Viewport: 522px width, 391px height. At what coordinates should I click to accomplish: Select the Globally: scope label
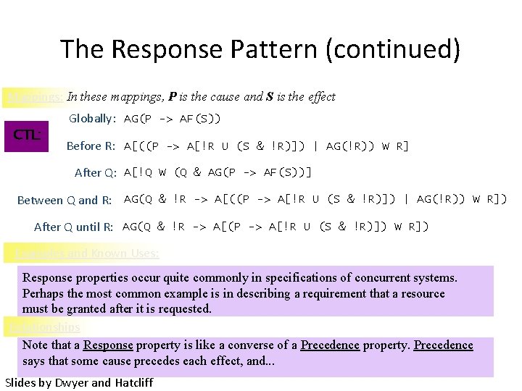coord(92,118)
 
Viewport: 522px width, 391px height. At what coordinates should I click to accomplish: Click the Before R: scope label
coord(91,146)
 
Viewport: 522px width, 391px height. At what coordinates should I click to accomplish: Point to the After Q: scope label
coord(96,172)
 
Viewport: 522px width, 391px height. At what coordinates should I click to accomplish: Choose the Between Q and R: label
coord(65,200)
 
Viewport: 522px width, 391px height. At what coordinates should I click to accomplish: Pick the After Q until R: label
coord(74,227)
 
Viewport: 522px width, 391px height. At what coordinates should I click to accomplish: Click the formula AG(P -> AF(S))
coord(173,118)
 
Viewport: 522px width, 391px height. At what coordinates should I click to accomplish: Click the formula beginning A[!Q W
coord(217,172)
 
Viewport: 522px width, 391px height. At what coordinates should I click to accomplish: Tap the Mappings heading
coord(34,97)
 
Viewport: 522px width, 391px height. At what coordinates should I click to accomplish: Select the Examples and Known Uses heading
coord(87,253)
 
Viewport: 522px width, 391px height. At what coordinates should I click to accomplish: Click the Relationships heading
coord(43,327)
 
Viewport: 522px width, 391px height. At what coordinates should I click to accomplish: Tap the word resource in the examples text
coord(420,293)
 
